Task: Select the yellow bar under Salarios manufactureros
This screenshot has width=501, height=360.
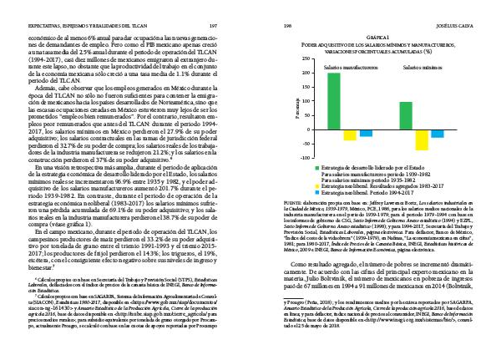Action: coord(350,135)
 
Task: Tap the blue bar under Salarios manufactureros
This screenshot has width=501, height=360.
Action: coord(367,134)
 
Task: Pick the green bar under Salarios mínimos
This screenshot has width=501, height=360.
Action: coord(405,116)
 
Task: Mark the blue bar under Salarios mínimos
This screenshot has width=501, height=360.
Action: coord(438,134)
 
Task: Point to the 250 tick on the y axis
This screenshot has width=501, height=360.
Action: coord(317,60)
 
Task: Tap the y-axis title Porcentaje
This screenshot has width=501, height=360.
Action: coord(298,106)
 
